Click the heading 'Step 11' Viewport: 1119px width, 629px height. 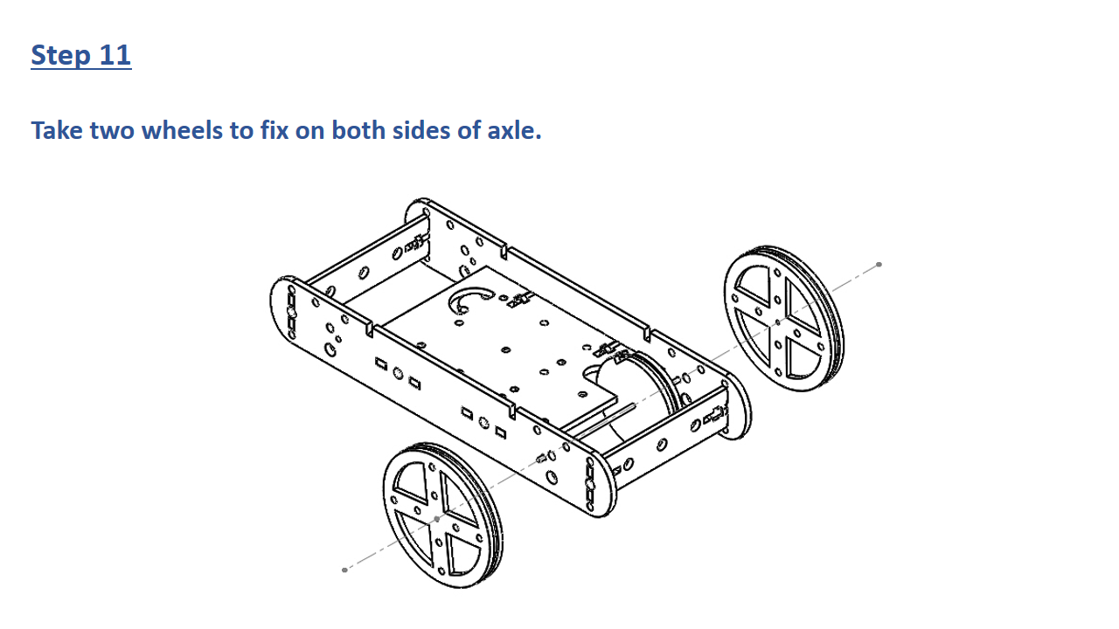(81, 54)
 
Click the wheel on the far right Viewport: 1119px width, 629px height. (783, 319)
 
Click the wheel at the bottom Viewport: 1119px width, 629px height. (442, 515)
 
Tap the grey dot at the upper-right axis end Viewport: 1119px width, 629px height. (879, 265)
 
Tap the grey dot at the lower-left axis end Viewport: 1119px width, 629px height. (344, 570)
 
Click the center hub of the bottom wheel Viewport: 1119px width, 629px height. (437, 519)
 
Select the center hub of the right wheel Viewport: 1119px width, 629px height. (778, 323)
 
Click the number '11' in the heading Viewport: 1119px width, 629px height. (115, 54)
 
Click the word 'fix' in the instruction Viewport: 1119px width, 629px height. (274, 130)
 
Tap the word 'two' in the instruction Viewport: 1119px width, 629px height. (113, 130)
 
